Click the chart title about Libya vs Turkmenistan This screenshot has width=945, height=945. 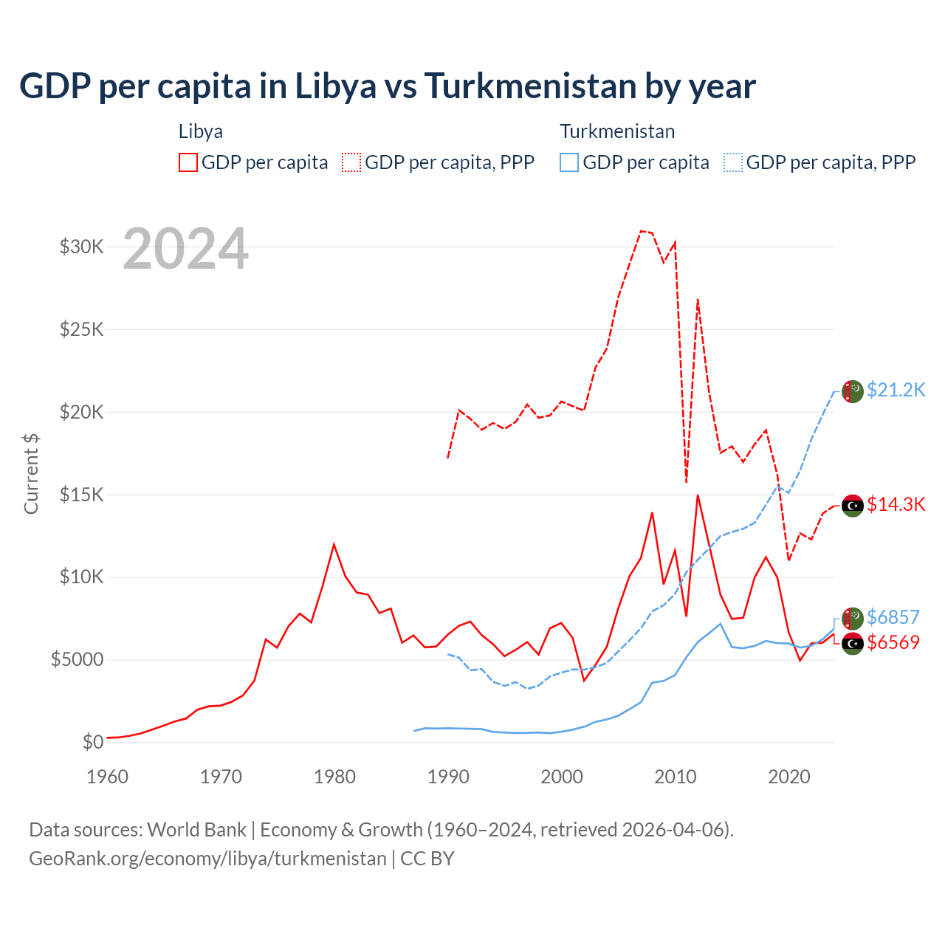388,86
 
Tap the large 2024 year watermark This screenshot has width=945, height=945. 185,249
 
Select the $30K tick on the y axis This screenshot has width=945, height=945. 82,247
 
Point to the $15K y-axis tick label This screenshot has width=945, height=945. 82,494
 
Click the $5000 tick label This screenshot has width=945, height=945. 78,659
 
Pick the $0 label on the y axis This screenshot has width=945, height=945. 93,742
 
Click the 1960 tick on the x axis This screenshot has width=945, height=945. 108,777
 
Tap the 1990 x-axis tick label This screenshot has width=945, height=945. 448,777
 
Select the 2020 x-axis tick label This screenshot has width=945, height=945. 789,777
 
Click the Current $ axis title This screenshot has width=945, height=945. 31,473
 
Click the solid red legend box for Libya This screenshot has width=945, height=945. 188,162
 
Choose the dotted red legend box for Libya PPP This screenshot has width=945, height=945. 351,162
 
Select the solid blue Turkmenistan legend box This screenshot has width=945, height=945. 569,162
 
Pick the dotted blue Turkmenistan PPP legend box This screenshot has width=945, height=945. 733,162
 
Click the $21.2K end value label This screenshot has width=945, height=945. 896,390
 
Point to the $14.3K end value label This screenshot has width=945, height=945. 896,504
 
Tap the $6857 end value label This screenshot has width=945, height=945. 893,617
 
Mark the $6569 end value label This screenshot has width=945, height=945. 893,642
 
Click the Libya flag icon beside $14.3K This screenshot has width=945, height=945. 853,506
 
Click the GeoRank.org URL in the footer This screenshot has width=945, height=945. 207,859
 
